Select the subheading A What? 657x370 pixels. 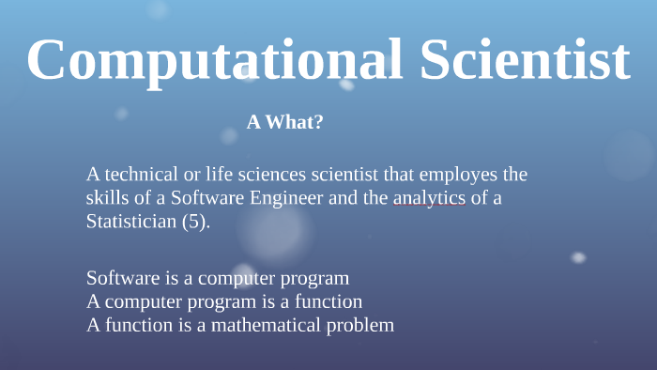pos(285,121)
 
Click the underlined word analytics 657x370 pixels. pos(429,198)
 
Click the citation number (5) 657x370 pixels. pos(195,223)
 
